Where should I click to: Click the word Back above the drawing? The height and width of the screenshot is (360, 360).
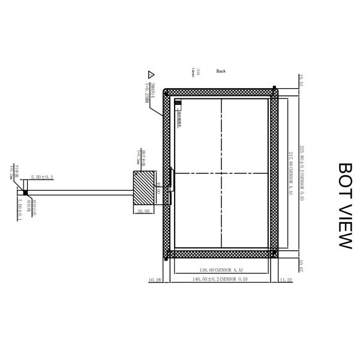point(221,71)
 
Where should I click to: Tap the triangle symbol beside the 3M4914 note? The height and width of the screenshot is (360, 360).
point(151,75)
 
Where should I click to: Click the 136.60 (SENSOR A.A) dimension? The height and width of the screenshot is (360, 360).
point(220,271)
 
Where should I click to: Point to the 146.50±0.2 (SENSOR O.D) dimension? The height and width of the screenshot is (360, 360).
point(220,280)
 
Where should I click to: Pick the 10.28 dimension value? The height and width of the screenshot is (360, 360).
point(155,280)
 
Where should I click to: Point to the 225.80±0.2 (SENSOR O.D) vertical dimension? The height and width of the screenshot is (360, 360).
point(302,174)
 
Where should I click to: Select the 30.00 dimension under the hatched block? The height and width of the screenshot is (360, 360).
point(143,211)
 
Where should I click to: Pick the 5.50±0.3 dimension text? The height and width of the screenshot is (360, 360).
point(42,177)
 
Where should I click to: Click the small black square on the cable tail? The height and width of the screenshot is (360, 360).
point(25,193)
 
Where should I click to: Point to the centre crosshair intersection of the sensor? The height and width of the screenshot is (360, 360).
point(221,173)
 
